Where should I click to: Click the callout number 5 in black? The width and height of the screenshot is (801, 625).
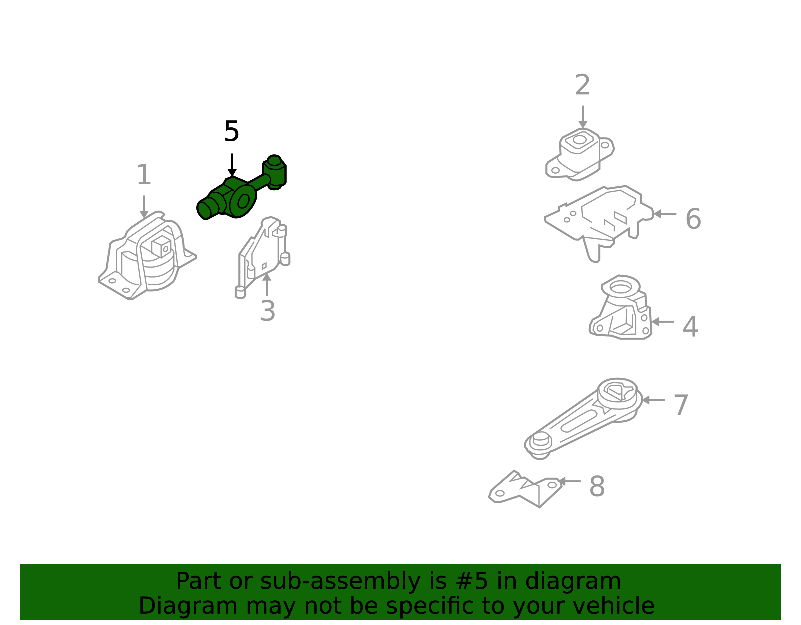(x=231, y=131)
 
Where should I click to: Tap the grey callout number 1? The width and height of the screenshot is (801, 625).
(x=144, y=174)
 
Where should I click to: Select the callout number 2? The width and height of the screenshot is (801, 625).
(x=582, y=85)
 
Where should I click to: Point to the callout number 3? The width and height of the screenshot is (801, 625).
(x=268, y=310)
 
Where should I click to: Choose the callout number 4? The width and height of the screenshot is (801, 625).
(x=690, y=326)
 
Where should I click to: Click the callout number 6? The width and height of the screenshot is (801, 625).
(x=693, y=218)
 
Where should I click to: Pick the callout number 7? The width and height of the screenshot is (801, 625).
(x=681, y=405)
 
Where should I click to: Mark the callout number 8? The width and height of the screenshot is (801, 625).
(x=597, y=486)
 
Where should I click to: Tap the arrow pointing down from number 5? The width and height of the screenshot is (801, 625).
(x=232, y=165)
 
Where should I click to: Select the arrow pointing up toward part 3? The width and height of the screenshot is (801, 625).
(x=266, y=284)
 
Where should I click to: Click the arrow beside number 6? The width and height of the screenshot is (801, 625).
(x=665, y=214)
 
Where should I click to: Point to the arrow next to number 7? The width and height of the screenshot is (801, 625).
(x=653, y=400)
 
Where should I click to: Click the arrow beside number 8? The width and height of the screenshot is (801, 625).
(x=569, y=481)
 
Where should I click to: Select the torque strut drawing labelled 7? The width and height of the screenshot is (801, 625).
(x=584, y=419)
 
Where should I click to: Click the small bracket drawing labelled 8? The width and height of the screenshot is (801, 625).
(x=526, y=489)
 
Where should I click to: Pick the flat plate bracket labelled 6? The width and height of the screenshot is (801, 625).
(x=599, y=224)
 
